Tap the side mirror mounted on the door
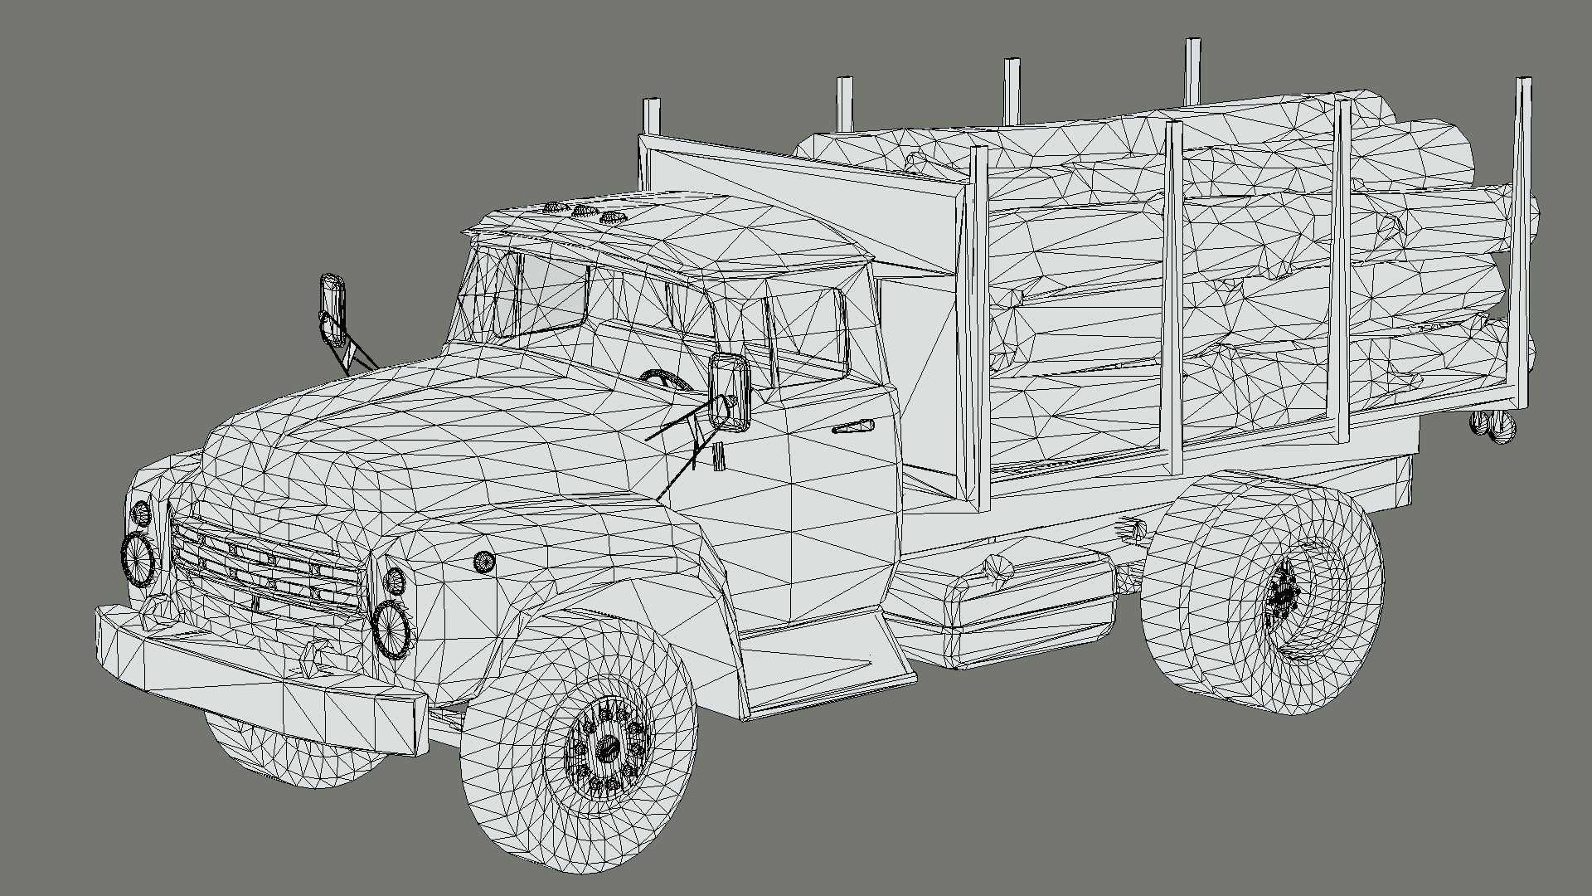click(730, 392)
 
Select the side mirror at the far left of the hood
click(332, 308)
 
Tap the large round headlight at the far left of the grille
click(138, 558)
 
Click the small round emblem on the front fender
click(483, 562)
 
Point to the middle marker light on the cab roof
click(583, 212)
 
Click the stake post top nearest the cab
click(652, 116)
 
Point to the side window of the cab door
click(804, 332)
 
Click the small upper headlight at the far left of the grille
click(142, 513)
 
